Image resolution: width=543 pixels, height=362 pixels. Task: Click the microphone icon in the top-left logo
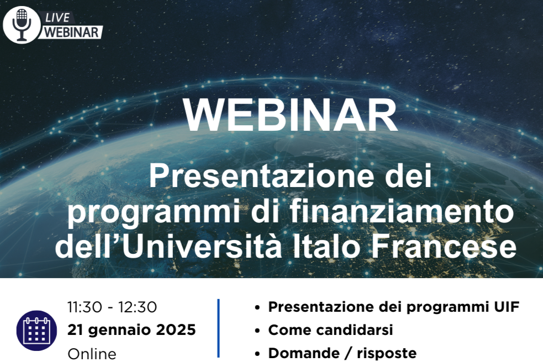point(22,25)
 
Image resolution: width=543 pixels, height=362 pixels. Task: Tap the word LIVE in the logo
point(57,18)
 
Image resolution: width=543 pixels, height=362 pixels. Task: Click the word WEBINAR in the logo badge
point(72,32)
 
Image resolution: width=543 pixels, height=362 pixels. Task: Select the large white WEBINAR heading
point(290,115)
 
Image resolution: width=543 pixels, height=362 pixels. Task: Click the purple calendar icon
point(36,331)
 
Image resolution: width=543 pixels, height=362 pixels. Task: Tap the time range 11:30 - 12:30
point(112,307)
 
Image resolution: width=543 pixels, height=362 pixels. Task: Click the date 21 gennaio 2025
point(131,330)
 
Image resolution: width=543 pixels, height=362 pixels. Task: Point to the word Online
point(92,354)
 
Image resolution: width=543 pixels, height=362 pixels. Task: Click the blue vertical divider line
point(219,328)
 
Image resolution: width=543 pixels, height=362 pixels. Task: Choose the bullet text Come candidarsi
point(331,330)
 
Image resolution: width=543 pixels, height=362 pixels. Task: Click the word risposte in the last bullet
point(387,353)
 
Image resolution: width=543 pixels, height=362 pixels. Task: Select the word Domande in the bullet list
point(304,353)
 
